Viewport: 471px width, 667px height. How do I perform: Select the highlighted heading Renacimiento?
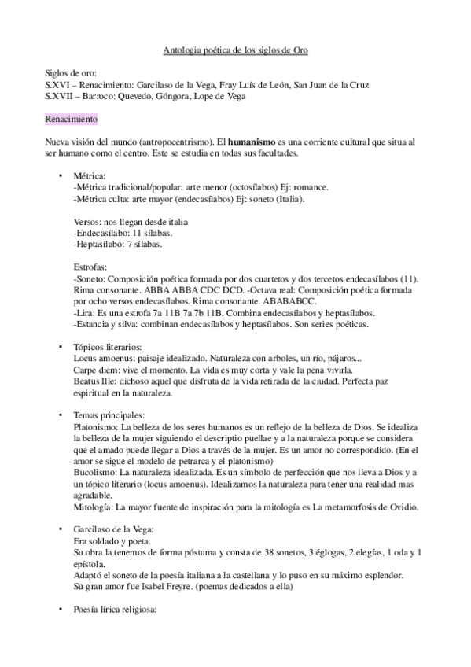coord(71,118)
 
